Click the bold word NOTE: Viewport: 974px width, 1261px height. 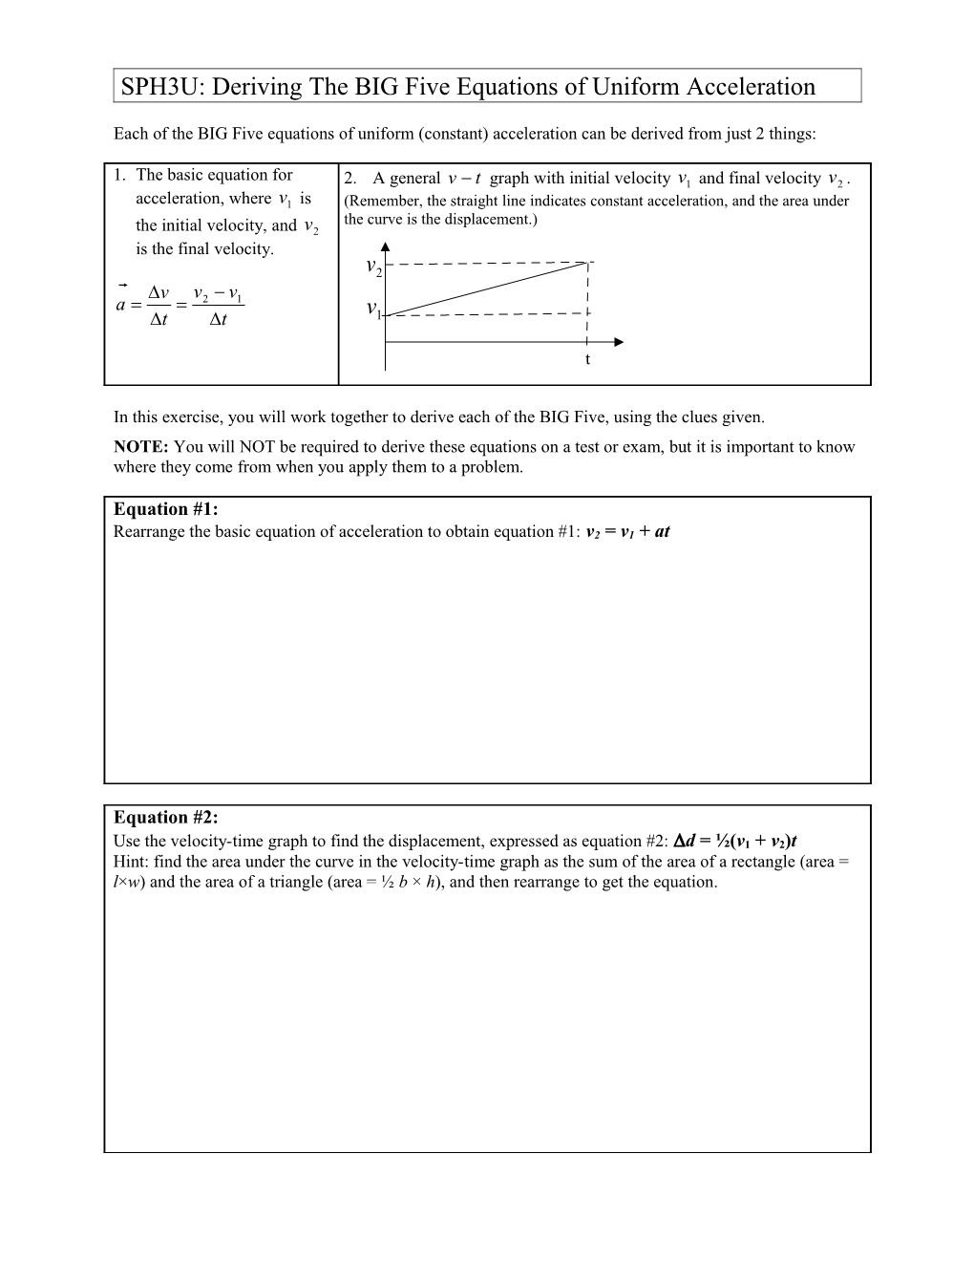[x=140, y=447]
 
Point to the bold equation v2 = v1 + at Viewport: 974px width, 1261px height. [x=627, y=532]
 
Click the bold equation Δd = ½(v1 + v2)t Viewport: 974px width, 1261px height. [x=735, y=841]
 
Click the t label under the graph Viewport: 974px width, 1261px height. [x=587, y=359]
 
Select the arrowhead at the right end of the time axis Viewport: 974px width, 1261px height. [x=618, y=342]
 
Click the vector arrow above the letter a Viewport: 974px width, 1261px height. [x=122, y=285]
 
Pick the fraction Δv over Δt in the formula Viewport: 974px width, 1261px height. [x=159, y=306]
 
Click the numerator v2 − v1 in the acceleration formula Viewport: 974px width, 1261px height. [x=218, y=293]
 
